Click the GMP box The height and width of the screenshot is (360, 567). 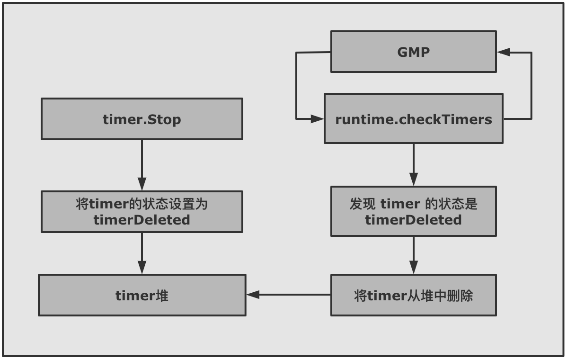(413, 52)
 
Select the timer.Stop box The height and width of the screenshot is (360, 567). (142, 119)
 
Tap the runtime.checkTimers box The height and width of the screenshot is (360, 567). (413, 119)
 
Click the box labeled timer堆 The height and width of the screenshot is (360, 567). (142, 295)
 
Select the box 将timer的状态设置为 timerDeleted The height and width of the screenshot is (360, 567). (142, 212)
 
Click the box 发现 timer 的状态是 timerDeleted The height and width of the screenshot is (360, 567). (413, 211)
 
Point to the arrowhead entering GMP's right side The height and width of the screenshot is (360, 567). (503, 53)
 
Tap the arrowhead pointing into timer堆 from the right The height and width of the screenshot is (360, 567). (253, 295)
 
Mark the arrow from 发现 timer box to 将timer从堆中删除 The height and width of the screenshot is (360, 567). (413, 255)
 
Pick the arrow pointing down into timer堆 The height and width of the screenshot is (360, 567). (142, 253)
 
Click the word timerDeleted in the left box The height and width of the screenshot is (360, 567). (142, 220)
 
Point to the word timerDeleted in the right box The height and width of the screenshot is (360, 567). (413, 220)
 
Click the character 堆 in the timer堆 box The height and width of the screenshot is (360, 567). (162, 295)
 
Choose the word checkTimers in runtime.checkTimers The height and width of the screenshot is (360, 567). (446, 119)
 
